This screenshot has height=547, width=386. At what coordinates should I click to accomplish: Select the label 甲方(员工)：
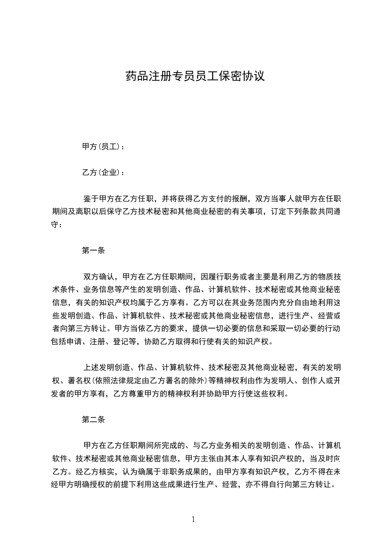click(103, 146)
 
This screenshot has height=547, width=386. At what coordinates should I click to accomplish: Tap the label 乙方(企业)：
click(103, 173)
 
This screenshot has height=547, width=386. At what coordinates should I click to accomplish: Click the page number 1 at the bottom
click(193, 519)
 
